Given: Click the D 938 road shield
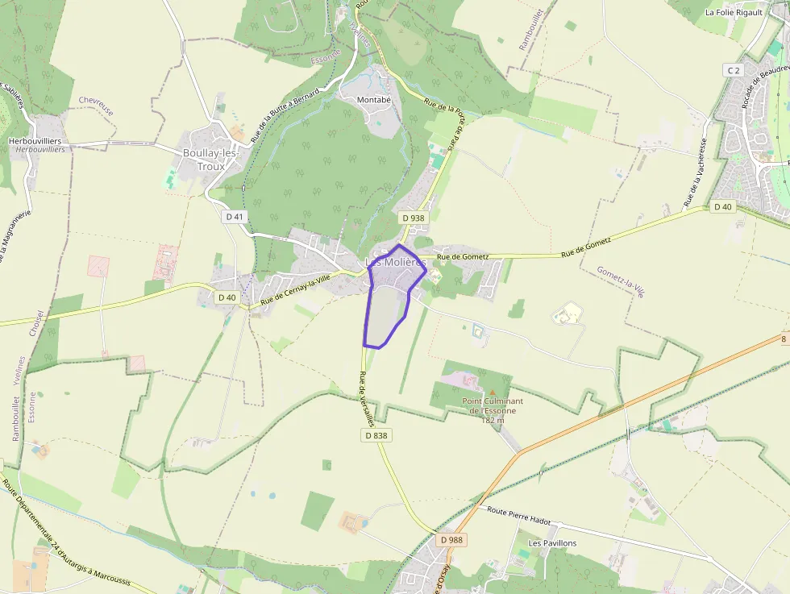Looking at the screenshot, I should click(412, 218).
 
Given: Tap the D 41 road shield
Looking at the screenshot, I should click(235, 216).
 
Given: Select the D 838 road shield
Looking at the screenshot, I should click(376, 435).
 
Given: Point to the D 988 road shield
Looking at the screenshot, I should click(452, 539).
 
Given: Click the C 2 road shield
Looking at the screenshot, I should click(733, 71).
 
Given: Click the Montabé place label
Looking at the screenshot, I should click(374, 99).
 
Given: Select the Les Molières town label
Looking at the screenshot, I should click(395, 263).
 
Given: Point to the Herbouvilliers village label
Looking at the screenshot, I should click(35, 141).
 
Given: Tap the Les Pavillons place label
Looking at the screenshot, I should click(552, 543).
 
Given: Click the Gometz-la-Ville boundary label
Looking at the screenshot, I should click(621, 282).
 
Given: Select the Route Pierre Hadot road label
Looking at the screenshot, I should click(518, 516).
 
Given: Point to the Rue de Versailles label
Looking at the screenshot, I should click(367, 399).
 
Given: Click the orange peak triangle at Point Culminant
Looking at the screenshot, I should click(493, 392).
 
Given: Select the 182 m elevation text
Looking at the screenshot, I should click(493, 419).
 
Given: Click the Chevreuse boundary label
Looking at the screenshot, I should click(96, 106).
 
